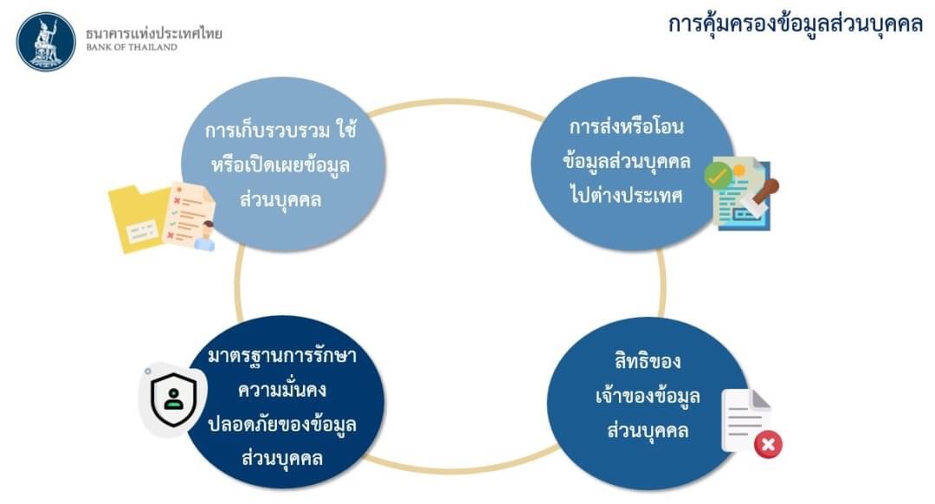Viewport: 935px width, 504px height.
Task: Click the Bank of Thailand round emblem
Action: (x=46, y=42)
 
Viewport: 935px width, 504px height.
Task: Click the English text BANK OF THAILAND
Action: (x=132, y=47)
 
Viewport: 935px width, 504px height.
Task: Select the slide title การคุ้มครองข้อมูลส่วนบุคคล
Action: (x=795, y=24)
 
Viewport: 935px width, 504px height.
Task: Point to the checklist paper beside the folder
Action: (x=190, y=215)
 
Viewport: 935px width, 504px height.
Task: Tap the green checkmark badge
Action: (x=718, y=175)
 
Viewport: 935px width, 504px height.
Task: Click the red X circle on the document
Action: (x=768, y=444)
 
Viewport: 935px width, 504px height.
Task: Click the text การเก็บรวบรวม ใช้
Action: (x=280, y=129)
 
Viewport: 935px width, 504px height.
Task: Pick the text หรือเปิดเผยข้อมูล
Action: (x=280, y=164)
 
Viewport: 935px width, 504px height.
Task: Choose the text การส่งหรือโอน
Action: (x=627, y=126)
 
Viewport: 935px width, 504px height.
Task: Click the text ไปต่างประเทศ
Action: (x=626, y=195)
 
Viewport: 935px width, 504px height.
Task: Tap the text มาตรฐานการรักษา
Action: (x=282, y=355)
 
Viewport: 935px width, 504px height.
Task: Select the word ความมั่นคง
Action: (x=282, y=390)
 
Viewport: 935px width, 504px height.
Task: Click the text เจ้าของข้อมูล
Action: (x=648, y=396)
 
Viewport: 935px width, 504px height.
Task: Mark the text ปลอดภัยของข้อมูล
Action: (x=282, y=424)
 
